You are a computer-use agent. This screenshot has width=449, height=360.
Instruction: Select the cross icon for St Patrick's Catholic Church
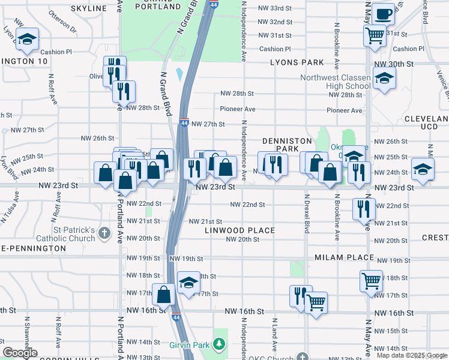click(104, 232)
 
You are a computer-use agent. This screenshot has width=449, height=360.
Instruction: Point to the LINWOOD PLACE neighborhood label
click(240, 230)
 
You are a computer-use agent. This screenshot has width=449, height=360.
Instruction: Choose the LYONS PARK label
click(297, 62)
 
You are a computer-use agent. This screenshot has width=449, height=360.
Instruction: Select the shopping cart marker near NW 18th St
click(371, 280)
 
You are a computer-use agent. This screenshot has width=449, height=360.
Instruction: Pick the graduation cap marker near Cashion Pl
click(26, 40)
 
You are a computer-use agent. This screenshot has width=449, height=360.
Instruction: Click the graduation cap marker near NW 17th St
click(188, 283)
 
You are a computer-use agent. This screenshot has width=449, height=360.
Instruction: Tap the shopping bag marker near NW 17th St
click(163, 295)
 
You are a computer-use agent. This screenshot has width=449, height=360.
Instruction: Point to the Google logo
click(20, 353)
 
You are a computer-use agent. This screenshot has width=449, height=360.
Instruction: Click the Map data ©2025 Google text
click(411, 355)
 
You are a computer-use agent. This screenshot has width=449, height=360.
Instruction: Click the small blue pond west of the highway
click(179, 74)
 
